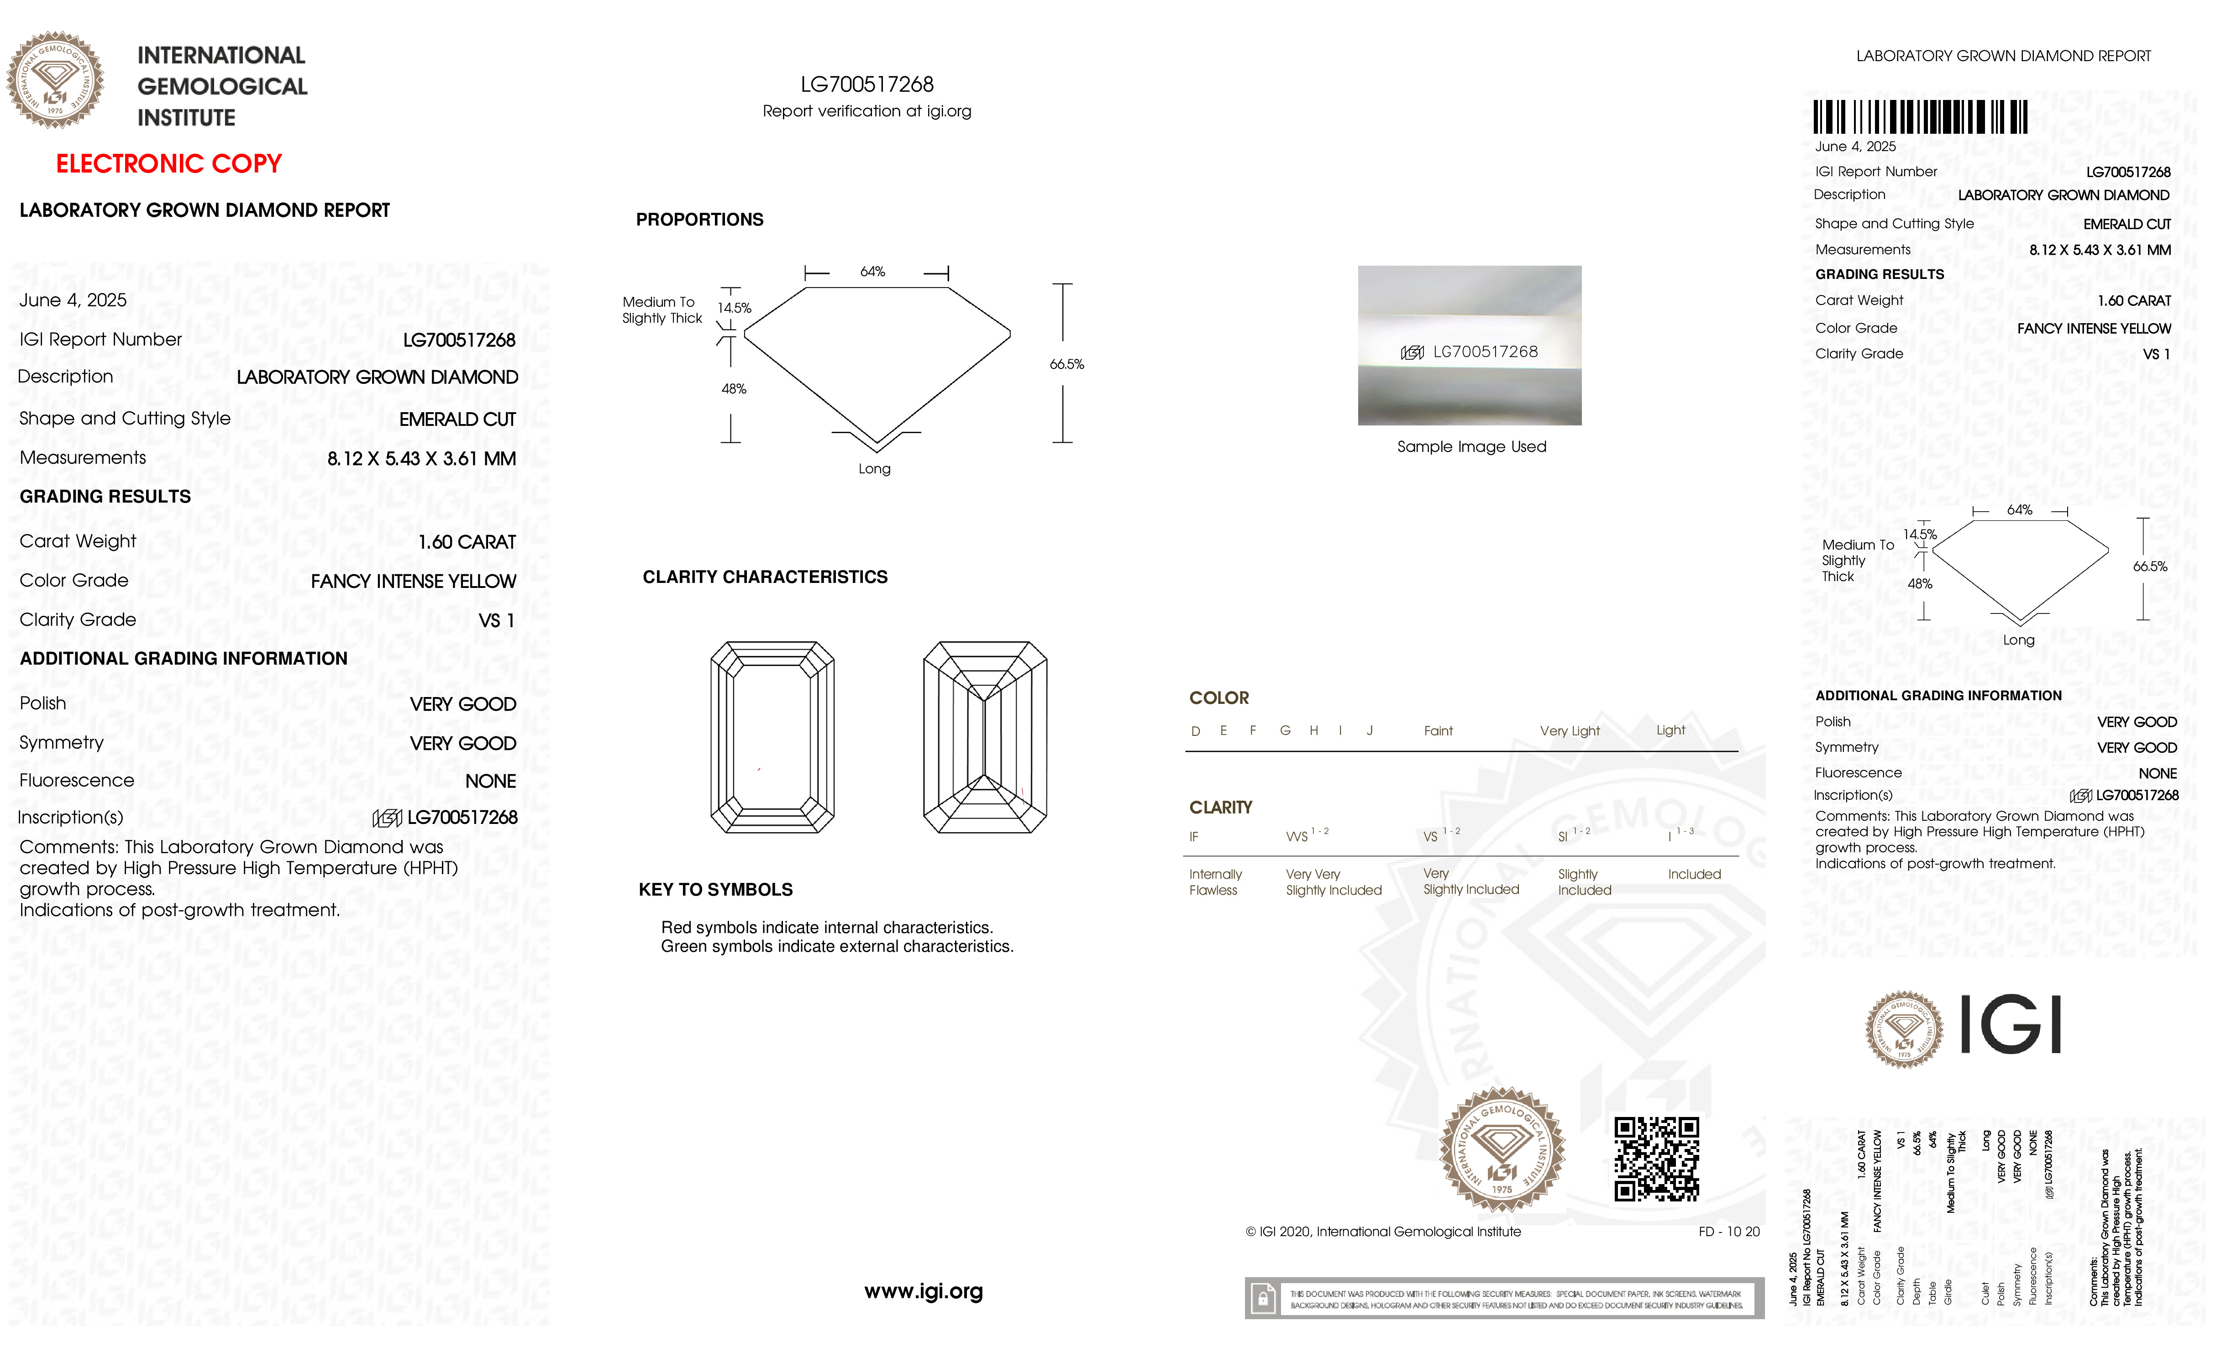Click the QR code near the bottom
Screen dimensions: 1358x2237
point(1656,1159)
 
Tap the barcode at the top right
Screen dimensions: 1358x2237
point(1920,117)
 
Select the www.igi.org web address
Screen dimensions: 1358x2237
point(923,1291)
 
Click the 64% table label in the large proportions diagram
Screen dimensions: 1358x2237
point(872,272)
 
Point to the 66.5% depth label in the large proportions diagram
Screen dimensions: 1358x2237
point(1067,364)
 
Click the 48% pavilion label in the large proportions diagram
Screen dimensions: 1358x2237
point(734,388)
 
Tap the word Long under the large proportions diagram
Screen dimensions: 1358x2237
point(874,468)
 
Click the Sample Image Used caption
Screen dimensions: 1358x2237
point(1471,446)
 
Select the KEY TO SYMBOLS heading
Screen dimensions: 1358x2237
point(715,890)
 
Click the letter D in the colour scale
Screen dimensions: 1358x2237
point(1196,731)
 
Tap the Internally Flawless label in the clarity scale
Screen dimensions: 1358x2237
point(1215,881)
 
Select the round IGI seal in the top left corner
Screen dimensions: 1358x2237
point(55,80)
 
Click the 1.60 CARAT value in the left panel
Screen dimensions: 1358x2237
point(467,542)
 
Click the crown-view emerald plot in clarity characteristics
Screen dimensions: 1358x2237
point(772,737)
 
